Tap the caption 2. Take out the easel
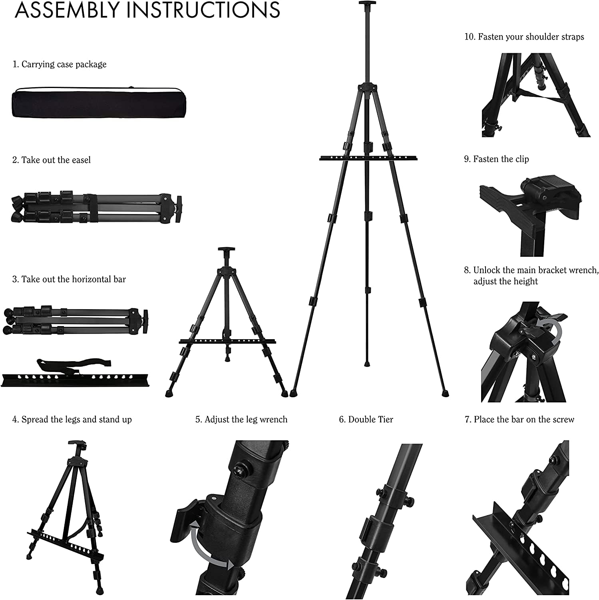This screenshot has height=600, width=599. [52, 160]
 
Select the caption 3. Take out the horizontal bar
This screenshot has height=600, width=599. [69, 279]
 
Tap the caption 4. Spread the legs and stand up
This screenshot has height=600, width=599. [72, 419]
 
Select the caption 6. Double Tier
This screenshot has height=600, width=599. [366, 419]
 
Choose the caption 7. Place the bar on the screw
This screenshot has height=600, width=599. [519, 419]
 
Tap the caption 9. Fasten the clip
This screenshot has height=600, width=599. [496, 159]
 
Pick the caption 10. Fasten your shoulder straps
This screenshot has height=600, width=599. [524, 37]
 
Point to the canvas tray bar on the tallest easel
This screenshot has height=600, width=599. [366, 158]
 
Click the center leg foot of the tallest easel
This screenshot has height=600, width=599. [367, 364]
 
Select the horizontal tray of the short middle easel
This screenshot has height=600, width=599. [227, 342]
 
